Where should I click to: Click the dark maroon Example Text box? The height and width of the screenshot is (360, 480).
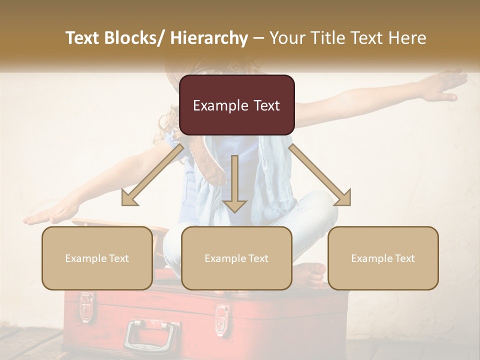click(x=236, y=105)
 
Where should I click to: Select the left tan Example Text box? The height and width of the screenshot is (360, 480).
click(x=97, y=258)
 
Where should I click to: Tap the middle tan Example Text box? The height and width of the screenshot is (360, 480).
click(x=236, y=258)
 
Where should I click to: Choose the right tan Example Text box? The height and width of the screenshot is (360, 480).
click(x=383, y=258)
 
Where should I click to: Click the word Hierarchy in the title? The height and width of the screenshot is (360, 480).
click(x=209, y=38)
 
